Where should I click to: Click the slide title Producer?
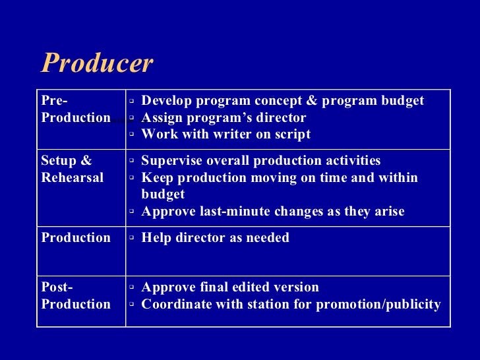pyautogui.click(x=97, y=64)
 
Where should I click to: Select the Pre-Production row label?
pyautogui.click(x=75, y=109)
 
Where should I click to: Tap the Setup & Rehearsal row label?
pyautogui.click(x=72, y=169)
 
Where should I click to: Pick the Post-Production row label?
pyautogui.click(x=75, y=296)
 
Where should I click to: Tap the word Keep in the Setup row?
pyautogui.click(x=156, y=178)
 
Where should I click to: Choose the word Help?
pyautogui.click(x=156, y=238)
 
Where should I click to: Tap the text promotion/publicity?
pyautogui.click(x=378, y=305)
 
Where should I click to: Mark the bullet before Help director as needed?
pyautogui.click(x=132, y=239)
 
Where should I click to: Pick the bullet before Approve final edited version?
pyautogui.click(x=132, y=288)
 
